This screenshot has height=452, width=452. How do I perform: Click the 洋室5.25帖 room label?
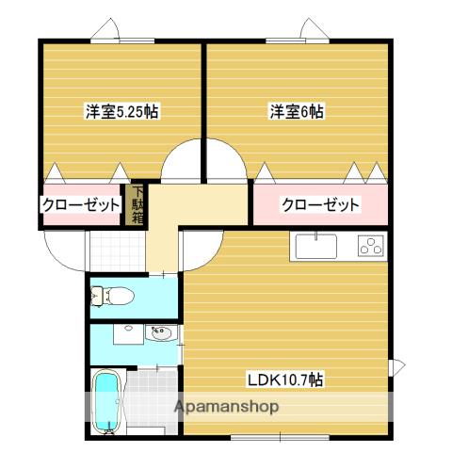121,111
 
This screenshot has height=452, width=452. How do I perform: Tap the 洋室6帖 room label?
298,111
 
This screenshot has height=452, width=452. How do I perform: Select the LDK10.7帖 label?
286,380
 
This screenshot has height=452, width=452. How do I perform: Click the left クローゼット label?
81,205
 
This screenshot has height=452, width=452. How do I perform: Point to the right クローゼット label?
321,205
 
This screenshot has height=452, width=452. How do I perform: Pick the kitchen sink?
316,248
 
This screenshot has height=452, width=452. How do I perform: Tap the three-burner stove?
369,248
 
